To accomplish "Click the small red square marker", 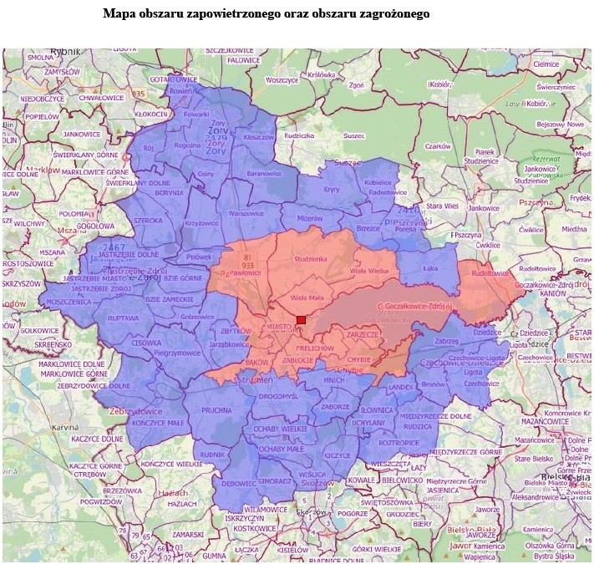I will coord(301,320).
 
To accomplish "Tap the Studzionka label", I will coord(309,260).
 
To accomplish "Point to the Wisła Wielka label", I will coord(369,272).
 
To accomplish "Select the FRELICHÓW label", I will coord(315,348).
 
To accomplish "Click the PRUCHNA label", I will coord(216,410).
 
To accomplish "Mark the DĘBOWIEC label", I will coord(240,483).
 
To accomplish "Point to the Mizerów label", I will coord(309,218).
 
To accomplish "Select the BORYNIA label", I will coord(170,193).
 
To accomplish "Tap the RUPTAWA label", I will coord(124,318).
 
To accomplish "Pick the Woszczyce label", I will coord(282,80).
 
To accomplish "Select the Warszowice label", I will coord(246,213).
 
